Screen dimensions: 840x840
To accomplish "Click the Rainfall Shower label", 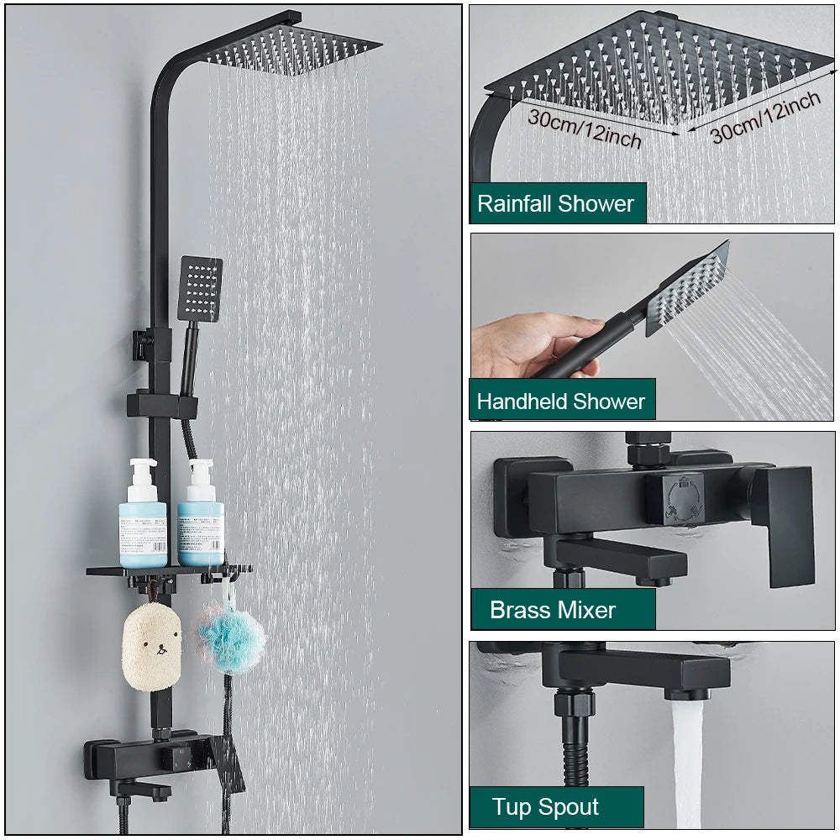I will [x=556, y=203].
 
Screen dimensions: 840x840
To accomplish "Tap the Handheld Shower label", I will [x=561, y=401].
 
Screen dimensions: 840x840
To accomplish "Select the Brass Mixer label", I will [x=554, y=610].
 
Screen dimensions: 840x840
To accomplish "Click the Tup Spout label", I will [x=546, y=807].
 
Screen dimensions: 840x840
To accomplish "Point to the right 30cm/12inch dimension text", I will [x=765, y=116].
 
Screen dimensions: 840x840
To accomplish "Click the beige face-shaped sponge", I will [x=151, y=647].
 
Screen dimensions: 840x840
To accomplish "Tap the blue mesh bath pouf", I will [x=231, y=641].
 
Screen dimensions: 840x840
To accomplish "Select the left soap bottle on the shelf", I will [x=143, y=514].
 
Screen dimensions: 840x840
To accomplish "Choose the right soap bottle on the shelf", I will [x=201, y=514].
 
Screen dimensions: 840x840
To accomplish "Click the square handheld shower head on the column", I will [x=201, y=288].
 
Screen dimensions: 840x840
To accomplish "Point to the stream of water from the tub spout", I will [x=687, y=764].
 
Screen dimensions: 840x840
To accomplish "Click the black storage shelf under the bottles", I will [x=168, y=572].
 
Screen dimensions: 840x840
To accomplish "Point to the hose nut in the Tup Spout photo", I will [x=574, y=702].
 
